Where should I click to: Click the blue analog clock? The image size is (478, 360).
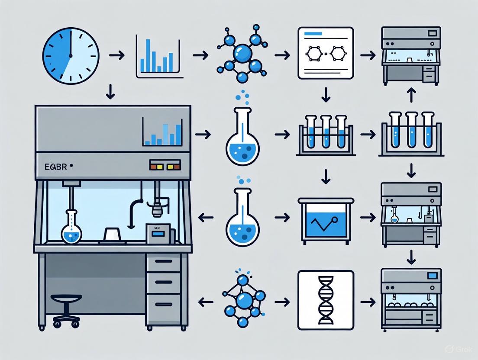71,56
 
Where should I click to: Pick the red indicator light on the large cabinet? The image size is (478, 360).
153,165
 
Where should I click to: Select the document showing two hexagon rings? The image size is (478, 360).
326,53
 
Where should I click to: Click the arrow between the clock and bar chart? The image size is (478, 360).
116,55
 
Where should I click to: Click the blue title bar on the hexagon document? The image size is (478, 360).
315,34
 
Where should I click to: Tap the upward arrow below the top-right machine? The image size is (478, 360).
411,95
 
